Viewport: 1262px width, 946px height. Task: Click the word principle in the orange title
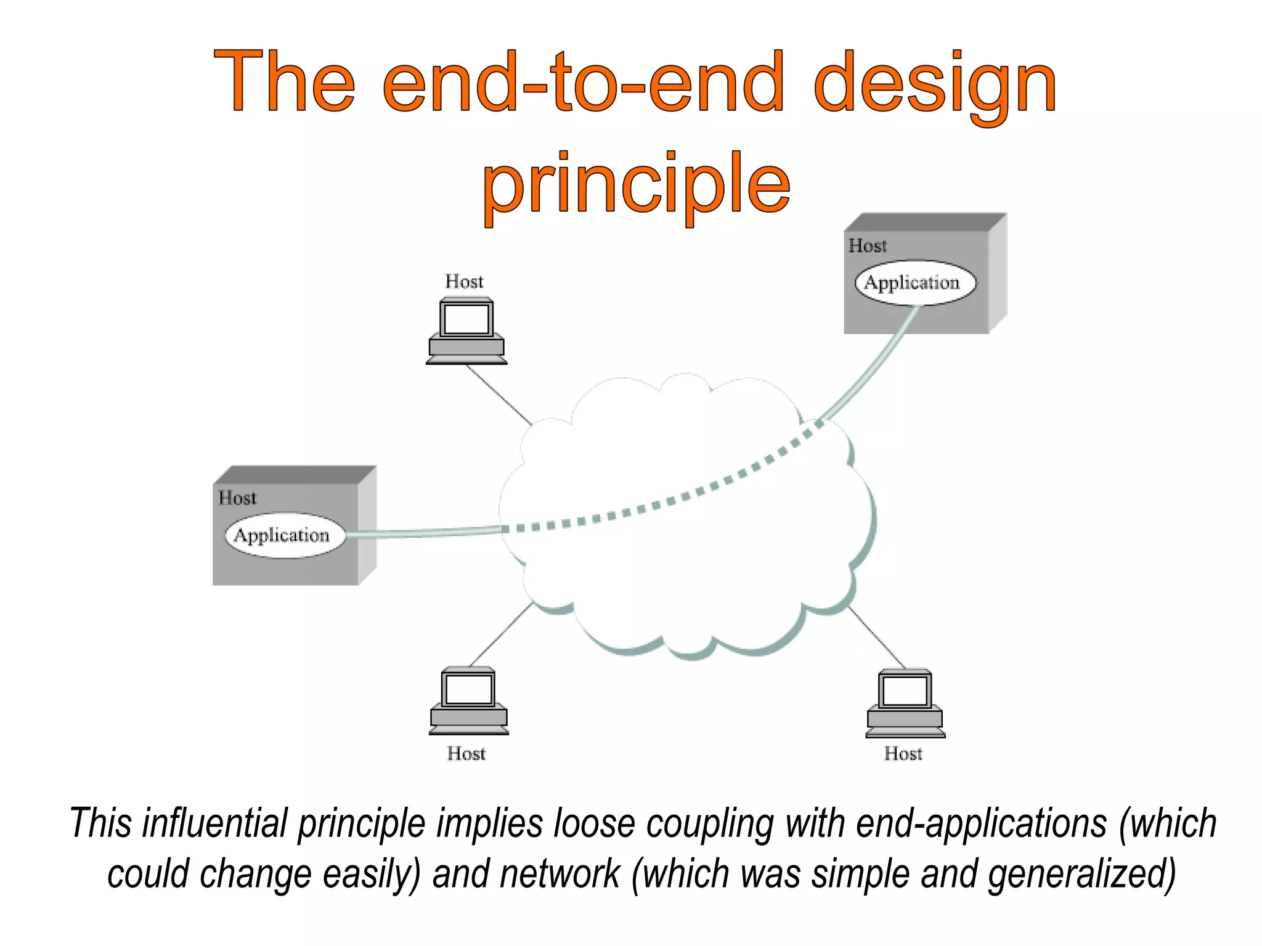[636, 183]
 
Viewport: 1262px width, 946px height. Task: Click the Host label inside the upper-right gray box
[867, 246]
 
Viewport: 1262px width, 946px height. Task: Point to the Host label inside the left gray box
[237, 498]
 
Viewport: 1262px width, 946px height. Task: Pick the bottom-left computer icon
[468, 701]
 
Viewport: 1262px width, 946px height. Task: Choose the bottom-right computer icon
[905, 703]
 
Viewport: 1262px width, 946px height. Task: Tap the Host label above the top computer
[464, 281]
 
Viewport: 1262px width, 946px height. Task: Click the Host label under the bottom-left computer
[466, 753]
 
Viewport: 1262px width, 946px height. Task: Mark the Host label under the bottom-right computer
[903, 753]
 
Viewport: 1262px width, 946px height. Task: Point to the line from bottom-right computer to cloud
[877, 637]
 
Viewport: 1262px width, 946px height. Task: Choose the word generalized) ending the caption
[1081, 874]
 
